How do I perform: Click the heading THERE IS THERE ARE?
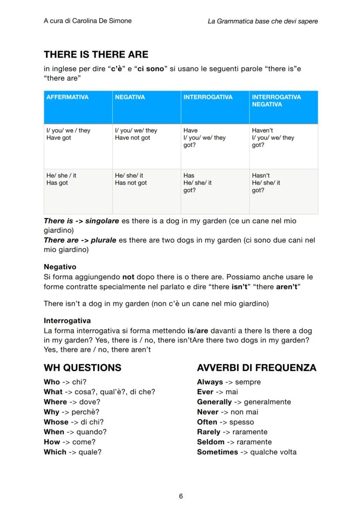96,55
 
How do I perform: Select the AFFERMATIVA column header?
67,97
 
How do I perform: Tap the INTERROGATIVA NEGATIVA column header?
276,101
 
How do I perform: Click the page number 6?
181,496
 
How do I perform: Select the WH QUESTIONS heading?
83,367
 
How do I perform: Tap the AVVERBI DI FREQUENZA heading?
257,367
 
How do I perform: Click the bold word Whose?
56,422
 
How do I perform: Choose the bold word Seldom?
211,442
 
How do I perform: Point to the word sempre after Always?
248,382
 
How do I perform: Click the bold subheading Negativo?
60,267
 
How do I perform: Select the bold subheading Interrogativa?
67,320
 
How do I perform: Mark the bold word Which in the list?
55,452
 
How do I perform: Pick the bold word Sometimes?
217,452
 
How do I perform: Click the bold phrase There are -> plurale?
80,240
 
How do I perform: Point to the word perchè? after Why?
85,412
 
